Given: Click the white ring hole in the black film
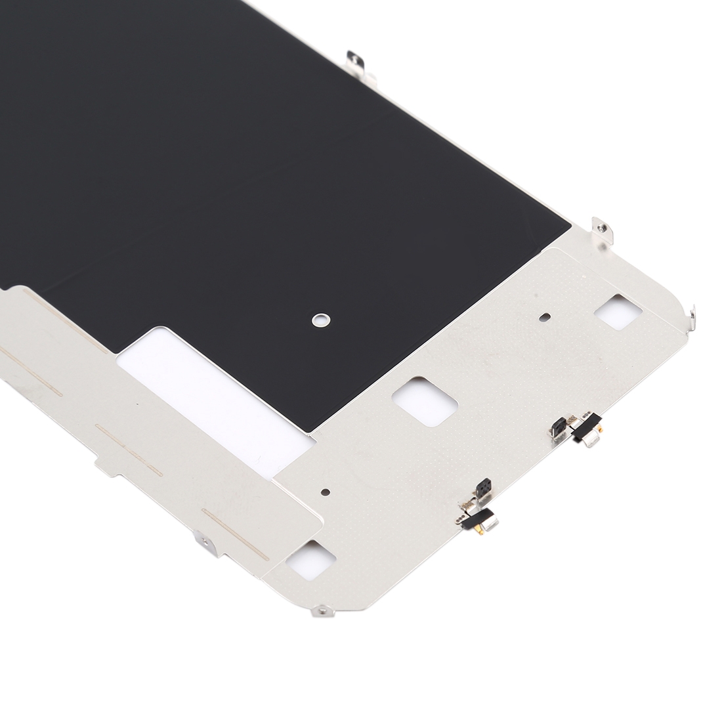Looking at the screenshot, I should [320, 320].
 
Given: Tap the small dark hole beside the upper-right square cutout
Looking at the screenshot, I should [544, 316].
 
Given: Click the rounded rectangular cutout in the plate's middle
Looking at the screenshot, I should [425, 400].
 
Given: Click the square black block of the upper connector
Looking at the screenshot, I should [558, 427].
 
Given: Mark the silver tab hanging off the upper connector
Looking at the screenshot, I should [592, 440].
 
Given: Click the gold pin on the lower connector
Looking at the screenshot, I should [480, 531].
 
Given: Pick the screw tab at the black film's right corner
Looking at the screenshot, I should [602, 230].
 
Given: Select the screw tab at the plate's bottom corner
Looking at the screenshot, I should [323, 611].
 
